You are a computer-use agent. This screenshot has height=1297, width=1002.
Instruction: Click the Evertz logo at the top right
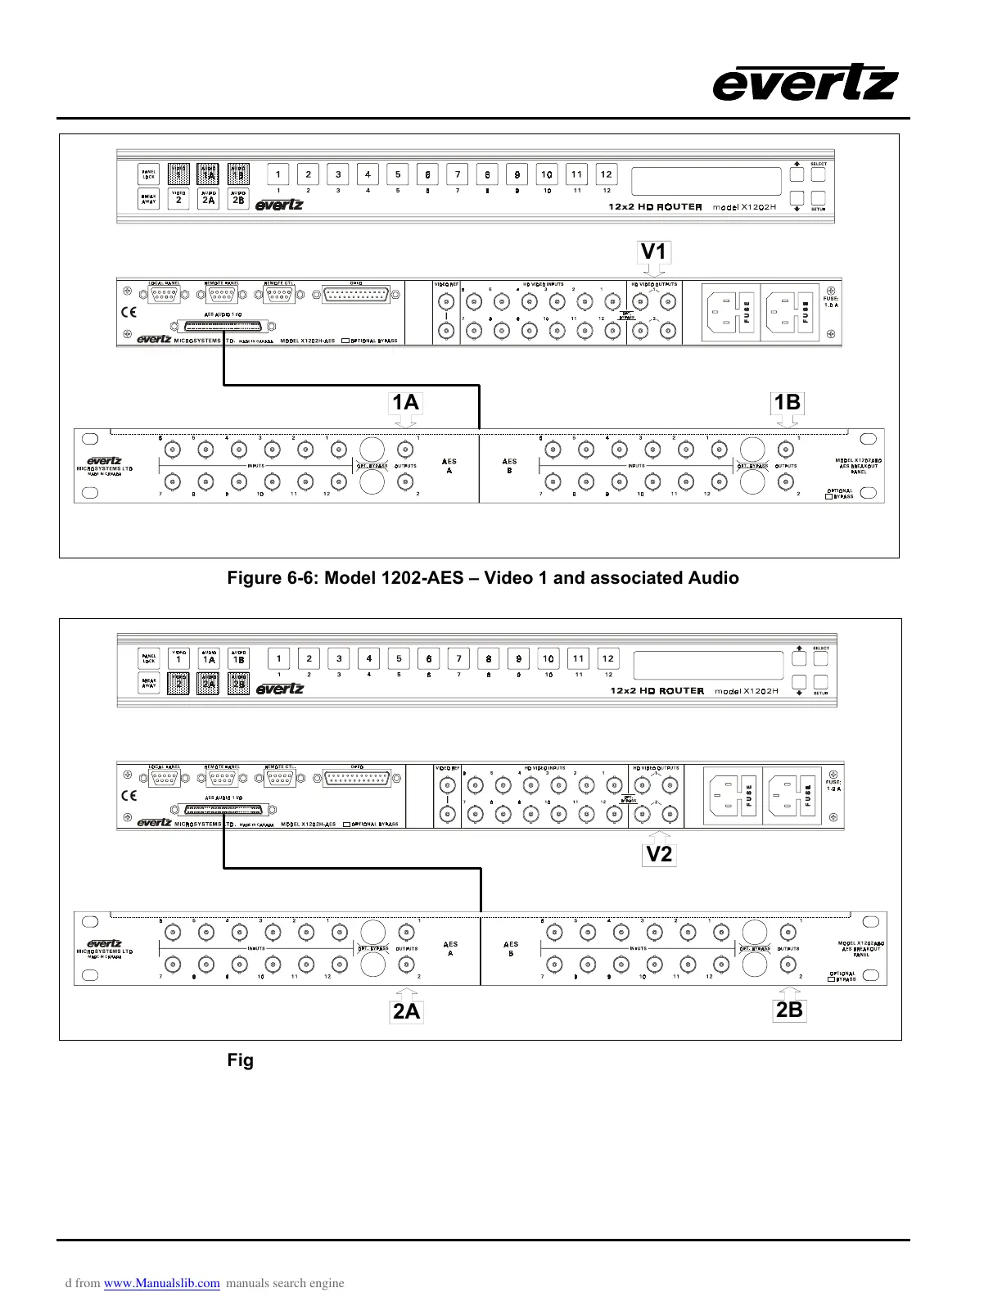pos(806,84)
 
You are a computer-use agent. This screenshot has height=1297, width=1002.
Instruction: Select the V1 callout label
pos(653,252)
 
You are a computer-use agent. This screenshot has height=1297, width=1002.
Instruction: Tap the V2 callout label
pos(659,855)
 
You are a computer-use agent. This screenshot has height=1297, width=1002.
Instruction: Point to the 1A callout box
pos(405,402)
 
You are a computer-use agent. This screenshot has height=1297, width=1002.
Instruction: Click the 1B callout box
pos(788,402)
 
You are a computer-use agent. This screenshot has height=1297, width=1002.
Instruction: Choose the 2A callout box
pos(406,1012)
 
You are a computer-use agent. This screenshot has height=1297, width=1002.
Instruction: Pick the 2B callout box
pos(789,1010)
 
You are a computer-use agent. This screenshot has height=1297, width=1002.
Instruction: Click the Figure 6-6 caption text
pos(482,578)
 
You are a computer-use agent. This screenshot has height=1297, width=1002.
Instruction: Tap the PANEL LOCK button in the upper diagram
pos(149,174)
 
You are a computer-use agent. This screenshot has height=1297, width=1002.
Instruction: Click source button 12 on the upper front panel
pos(606,174)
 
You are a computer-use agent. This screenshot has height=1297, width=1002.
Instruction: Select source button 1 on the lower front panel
pos(279,658)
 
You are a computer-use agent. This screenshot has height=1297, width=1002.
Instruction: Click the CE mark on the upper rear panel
pos(129,311)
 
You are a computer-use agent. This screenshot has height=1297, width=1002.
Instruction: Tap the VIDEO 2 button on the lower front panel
pos(178,684)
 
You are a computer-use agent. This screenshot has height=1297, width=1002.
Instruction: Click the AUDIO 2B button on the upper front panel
pos(238,199)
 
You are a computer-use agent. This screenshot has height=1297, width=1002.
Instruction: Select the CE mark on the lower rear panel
pos(129,794)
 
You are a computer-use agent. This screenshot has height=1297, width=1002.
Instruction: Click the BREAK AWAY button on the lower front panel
pos(149,683)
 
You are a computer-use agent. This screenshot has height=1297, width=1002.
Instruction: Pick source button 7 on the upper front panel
pos(458,174)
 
